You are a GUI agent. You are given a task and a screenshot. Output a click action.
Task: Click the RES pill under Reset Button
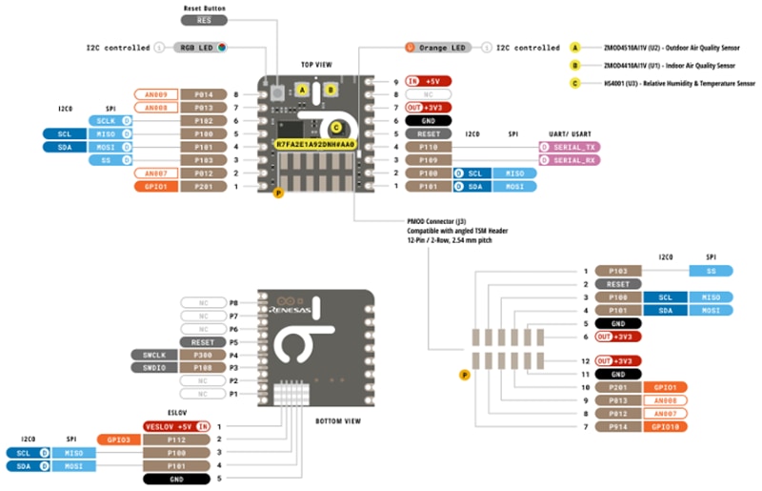pos(203,19)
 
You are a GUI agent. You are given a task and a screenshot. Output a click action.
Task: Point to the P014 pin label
pos(204,94)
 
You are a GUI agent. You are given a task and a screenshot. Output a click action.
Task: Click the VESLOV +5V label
pos(176,425)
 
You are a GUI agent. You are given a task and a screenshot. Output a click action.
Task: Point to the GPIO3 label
pos(117,440)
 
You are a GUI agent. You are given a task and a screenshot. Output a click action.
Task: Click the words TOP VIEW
pos(316,66)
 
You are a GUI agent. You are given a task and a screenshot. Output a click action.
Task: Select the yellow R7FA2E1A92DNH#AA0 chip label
pos(316,144)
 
